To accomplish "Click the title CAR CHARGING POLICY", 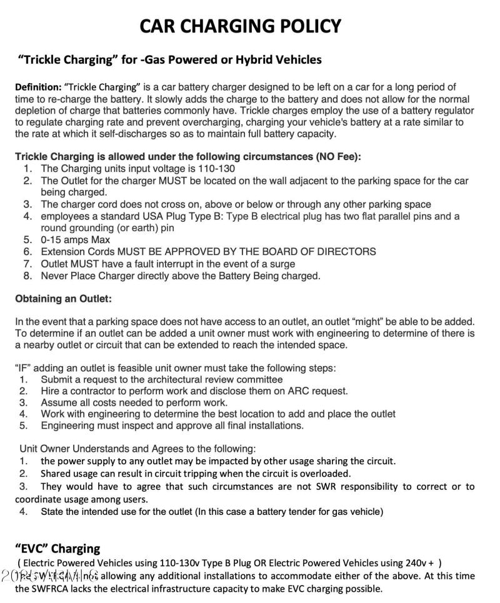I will pyautogui.click(x=241, y=26).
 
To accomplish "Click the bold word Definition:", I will pyautogui.click(x=38, y=87).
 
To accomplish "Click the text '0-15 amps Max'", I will pyautogui.click(x=75, y=240).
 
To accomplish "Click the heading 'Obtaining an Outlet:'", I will pyautogui.click(x=63, y=299).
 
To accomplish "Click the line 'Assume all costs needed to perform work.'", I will pyautogui.click(x=134, y=402).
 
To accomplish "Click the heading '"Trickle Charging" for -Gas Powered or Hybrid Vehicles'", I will pyautogui.click(x=170, y=60).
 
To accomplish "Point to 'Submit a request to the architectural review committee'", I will pyautogui.click(x=161, y=379).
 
